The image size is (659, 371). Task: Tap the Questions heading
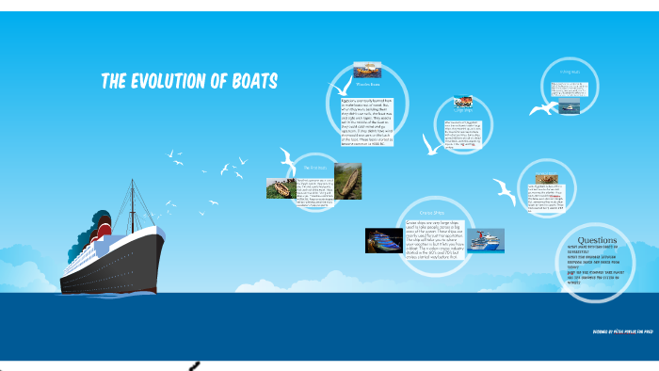coord(596,239)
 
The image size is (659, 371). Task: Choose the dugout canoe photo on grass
coord(281,188)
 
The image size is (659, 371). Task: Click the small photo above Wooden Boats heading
coord(367,71)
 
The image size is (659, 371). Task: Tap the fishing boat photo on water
coord(569,107)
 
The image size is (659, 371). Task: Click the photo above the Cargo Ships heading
coord(463,101)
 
